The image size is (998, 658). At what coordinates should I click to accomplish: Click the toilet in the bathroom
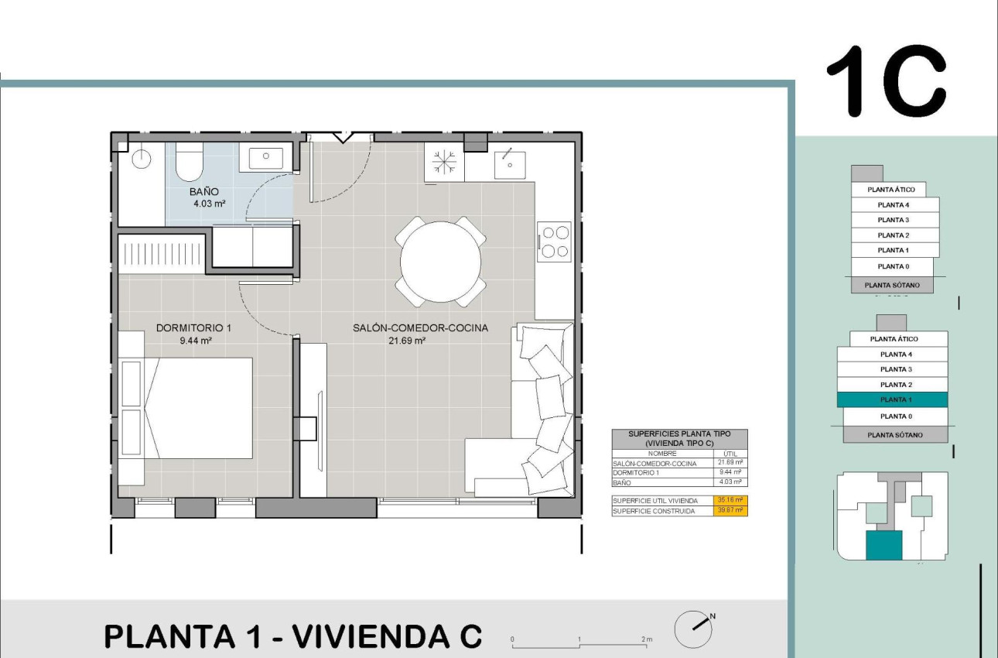coord(189,161)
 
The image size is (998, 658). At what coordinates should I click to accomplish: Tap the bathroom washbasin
coord(265,156)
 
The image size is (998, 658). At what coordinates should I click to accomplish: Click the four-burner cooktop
coord(554,241)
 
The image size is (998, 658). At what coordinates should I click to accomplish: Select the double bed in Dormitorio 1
coord(200,407)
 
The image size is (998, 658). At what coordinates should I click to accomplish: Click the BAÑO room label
coord(205,191)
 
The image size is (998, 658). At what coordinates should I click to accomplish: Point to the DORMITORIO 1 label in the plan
coord(193,327)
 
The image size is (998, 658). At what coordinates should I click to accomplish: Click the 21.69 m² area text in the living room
coord(407,340)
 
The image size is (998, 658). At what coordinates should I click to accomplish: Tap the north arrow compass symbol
coord(693,628)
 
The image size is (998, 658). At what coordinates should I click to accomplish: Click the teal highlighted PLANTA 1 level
coord(892,400)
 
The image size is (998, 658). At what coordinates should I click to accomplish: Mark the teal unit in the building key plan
coord(884,545)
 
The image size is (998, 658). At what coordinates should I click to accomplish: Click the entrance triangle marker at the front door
coord(342,138)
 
